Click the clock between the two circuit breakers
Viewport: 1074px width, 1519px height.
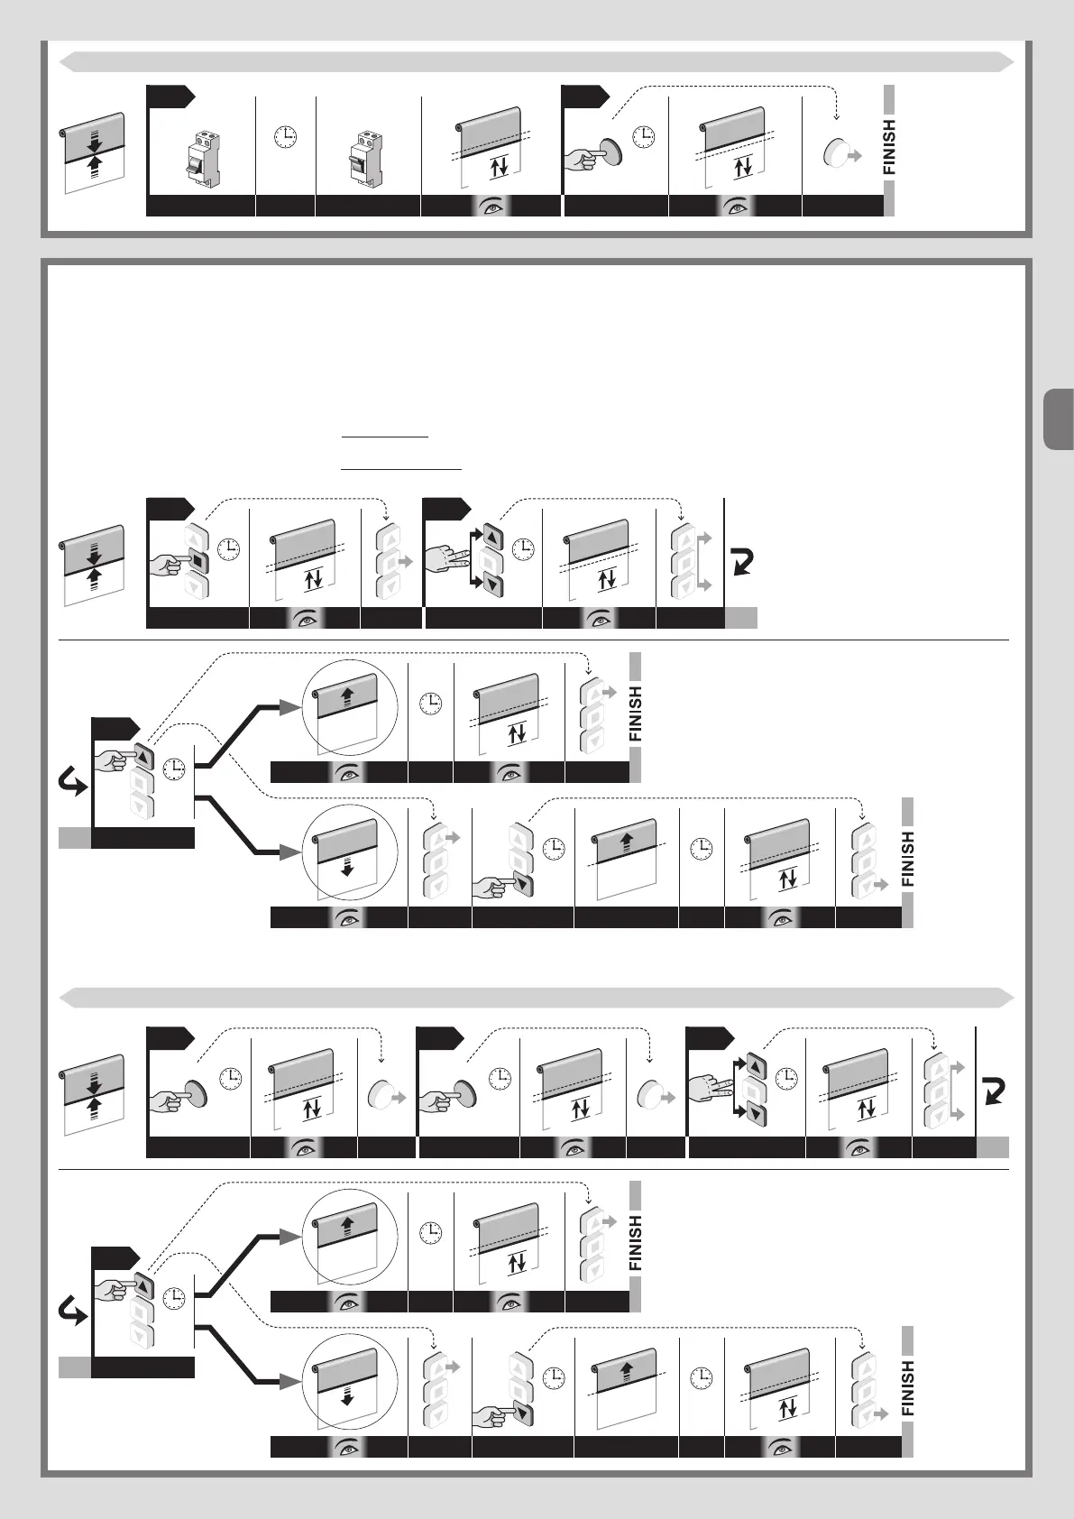[285, 136]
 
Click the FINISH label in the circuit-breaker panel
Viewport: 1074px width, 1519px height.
[889, 147]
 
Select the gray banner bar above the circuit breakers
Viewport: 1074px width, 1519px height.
[537, 61]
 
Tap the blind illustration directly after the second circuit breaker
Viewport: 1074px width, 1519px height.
[492, 145]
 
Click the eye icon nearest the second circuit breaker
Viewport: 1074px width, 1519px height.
[492, 207]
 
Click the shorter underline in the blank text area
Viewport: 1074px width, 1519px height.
[385, 437]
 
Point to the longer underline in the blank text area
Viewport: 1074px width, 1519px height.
[401, 469]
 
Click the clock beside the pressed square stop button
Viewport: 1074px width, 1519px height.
[230, 548]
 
